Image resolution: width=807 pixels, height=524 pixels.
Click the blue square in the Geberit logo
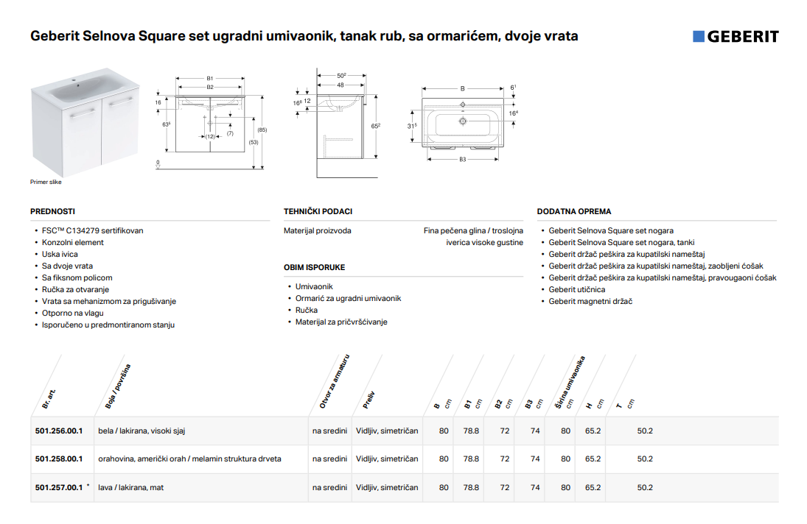[x=699, y=36]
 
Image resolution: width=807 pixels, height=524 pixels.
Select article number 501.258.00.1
[x=59, y=458]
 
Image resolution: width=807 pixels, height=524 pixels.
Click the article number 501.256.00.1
[x=59, y=431]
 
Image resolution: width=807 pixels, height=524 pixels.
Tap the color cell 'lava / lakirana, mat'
[x=130, y=487]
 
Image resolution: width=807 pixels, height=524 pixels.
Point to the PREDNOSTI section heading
[x=52, y=211]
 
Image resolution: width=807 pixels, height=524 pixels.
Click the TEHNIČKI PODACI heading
[x=318, y=211]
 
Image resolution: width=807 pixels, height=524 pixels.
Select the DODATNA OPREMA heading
[x=574, y=211]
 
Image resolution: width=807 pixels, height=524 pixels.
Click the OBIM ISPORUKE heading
[x=315, y=267]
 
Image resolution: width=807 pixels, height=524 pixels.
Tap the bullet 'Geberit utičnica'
[x=577, y=289]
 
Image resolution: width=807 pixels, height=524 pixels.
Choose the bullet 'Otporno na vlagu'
[x=72, y=313]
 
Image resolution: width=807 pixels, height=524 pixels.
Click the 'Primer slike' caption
[x=46, y=182]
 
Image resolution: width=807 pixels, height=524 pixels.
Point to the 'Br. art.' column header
[x=49, y=399]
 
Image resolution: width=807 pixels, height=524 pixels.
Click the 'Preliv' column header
[x=368, y=400]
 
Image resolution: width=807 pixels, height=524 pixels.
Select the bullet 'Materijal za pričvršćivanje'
[x=341, y=322]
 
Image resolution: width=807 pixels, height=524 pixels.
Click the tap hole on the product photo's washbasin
[x=74, y=81]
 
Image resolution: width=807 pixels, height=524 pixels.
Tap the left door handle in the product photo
[x=83, y=113]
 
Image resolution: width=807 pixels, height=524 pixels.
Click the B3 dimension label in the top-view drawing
[x=463, y=159]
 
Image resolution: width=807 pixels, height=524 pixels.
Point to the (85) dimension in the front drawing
[x=262, y=130]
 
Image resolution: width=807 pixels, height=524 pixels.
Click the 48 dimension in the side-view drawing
[x=340, y=85]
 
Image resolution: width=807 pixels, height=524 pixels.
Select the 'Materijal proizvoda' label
[x=318, y=230]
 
